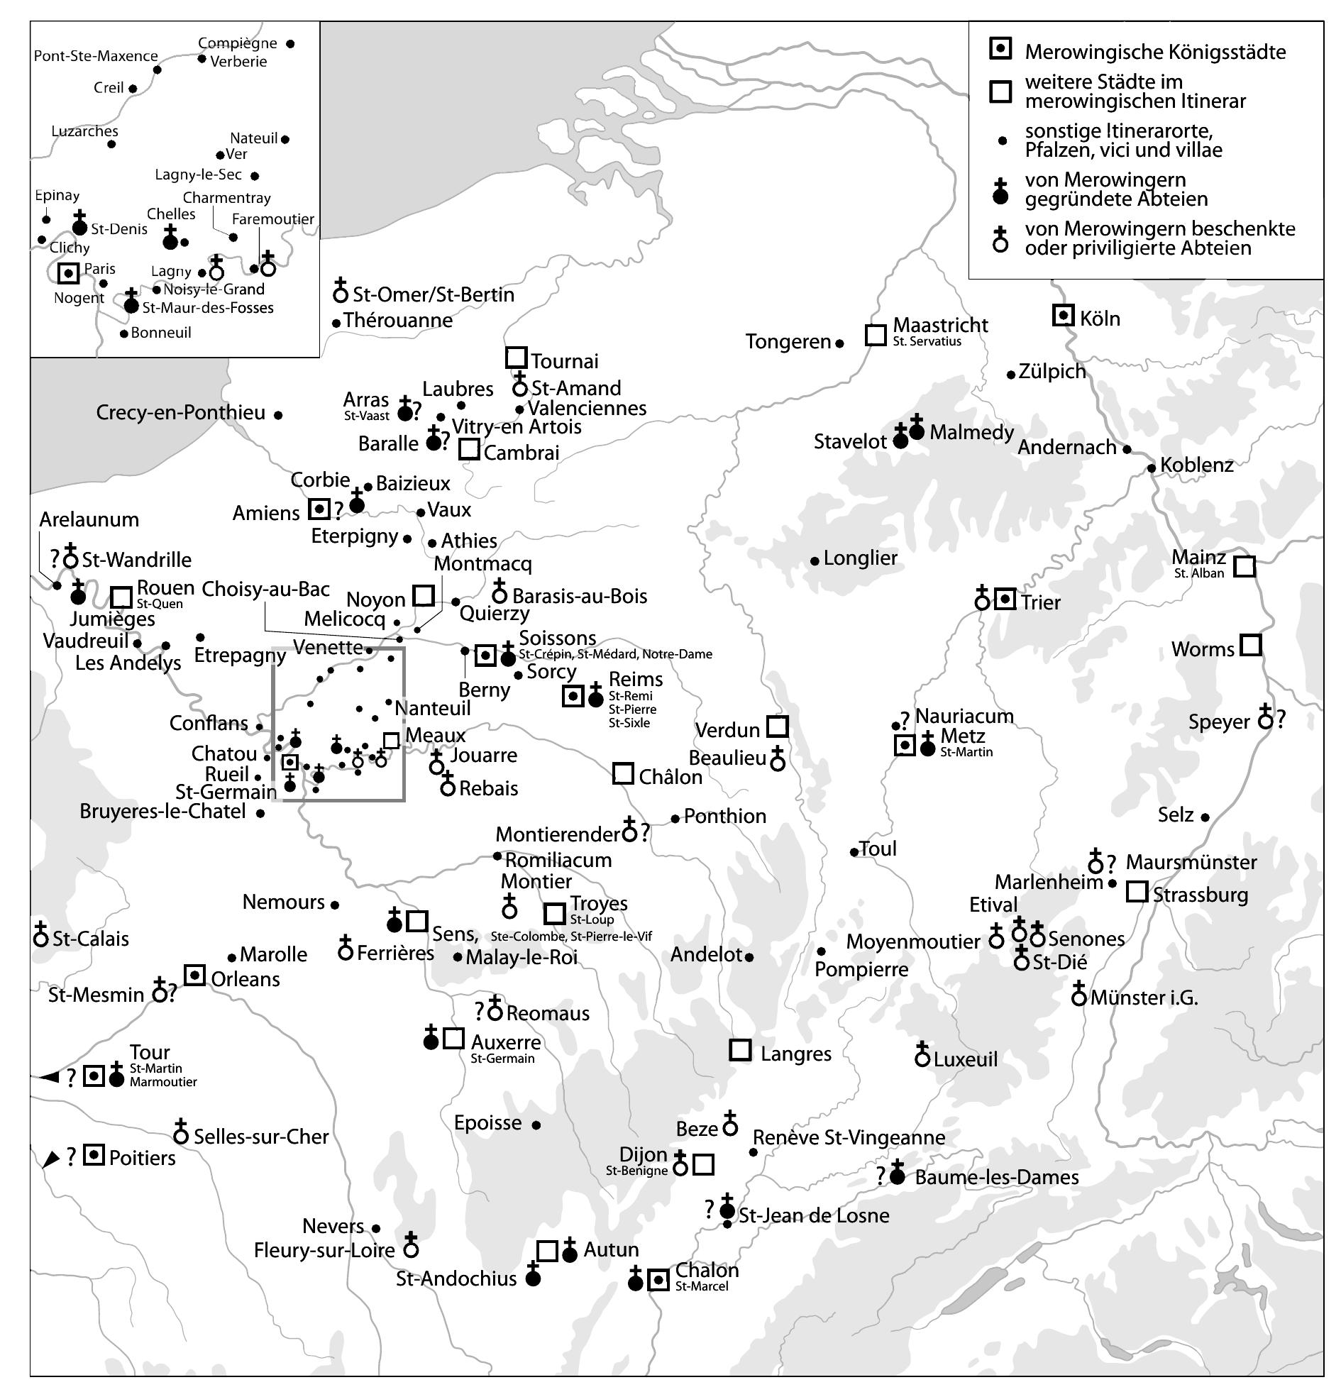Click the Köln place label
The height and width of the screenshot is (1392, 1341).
point(1100,318)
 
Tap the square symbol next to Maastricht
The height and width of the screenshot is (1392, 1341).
point(875,334)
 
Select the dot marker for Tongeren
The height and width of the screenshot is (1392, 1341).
point(839,343)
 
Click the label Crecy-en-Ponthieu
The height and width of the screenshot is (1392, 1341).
point(180,413)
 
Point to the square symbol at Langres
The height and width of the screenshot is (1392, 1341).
point(740,1050)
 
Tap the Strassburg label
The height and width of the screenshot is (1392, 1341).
point(1200,894)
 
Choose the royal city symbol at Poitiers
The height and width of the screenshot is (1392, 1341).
point(94,1155)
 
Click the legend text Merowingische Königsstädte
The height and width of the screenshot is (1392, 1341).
point(1154,52)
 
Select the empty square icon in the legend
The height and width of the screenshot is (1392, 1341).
point(1000,92)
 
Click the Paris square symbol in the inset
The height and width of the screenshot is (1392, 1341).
point(67,272)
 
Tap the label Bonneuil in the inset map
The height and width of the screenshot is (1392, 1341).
point(160,332)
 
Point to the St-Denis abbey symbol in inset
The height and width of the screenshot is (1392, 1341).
point(79,224)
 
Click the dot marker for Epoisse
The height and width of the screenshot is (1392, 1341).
point(536,1125)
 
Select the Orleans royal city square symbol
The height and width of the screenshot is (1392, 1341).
point(194,975)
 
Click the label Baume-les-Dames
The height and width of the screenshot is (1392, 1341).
point(995,1177)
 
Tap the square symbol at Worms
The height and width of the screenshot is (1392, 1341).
point(1250,645)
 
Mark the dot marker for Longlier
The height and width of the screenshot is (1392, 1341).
point(815,560)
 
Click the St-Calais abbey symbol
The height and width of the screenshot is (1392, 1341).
point(41,936)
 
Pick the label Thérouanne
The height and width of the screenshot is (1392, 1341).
point(398,320)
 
